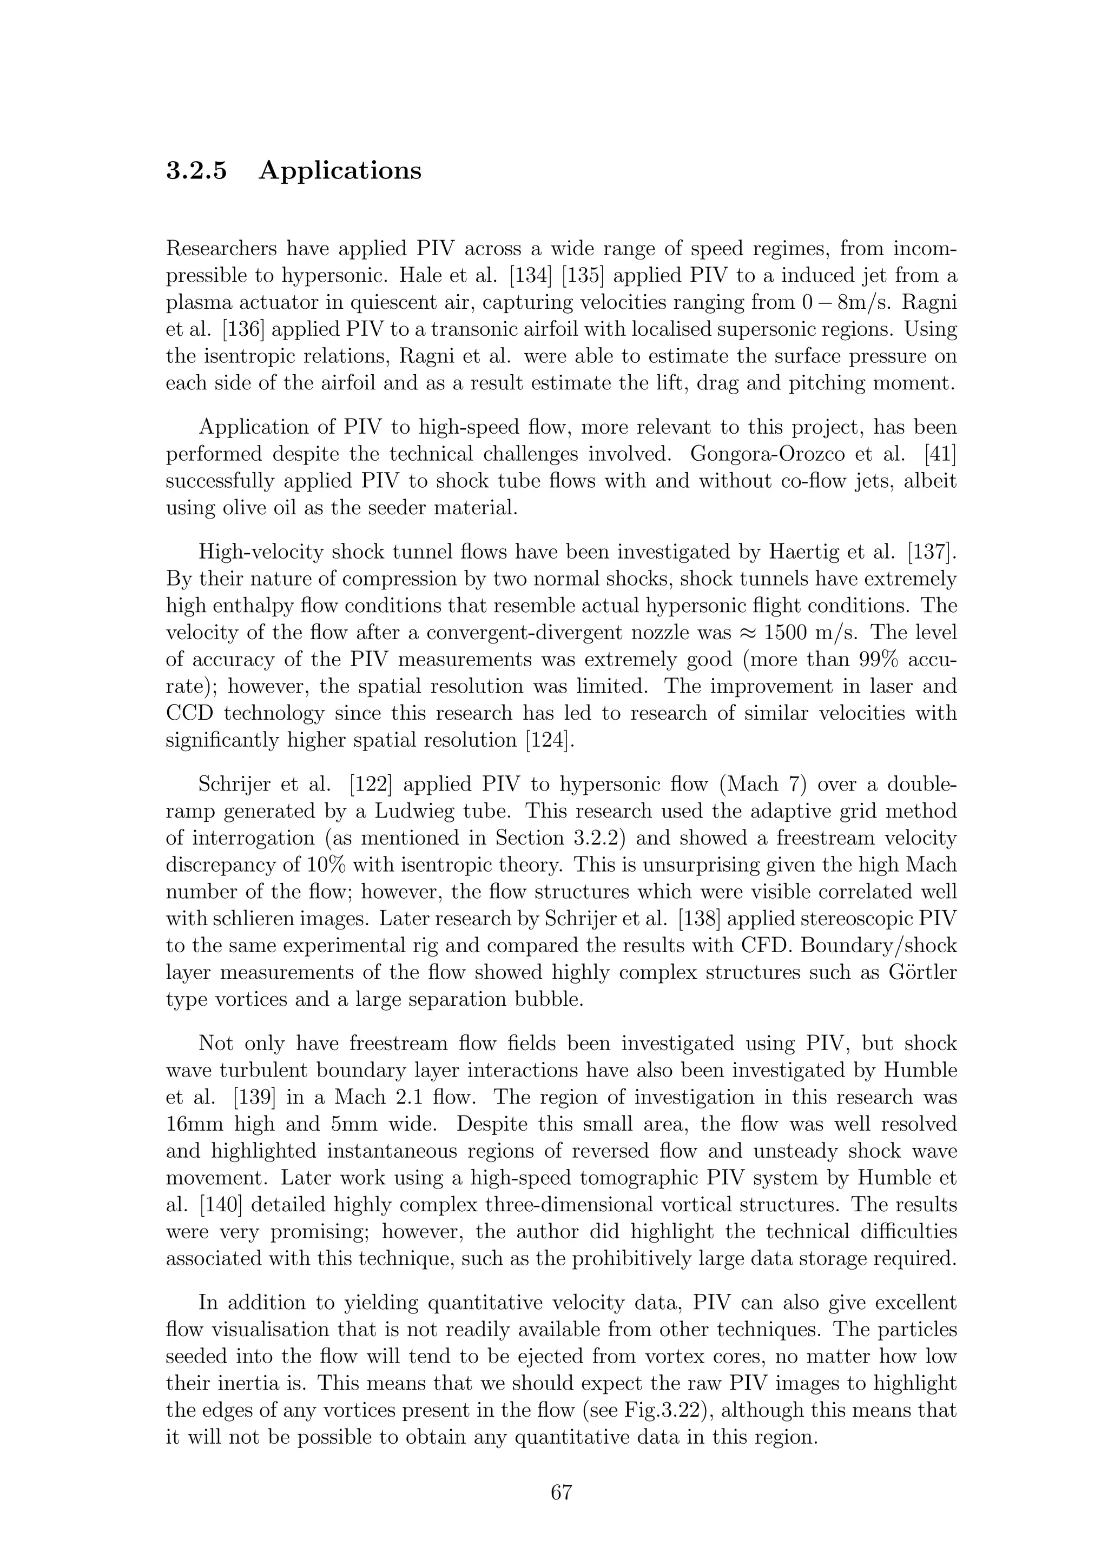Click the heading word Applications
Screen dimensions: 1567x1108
(340, 171)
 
